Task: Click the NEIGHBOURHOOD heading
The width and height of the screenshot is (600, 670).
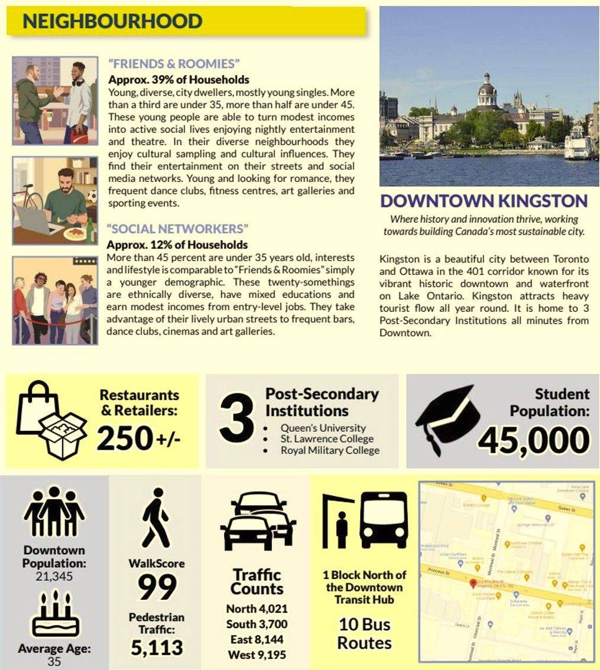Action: (x=112, y=22)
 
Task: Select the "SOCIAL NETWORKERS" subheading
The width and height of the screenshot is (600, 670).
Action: (x=177, y=229)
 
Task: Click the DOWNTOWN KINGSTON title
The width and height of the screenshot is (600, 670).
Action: (x=484, y=201)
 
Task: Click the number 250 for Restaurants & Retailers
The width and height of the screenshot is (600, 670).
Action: (x=125, y=438)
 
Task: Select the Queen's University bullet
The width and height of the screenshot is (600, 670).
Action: (x=323, y=428)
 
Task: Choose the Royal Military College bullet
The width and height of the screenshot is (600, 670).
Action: (x=330, y=450)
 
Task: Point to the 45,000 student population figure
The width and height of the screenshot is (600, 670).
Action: (x=533, y=440)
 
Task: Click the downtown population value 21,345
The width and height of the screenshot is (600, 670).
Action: (x=54, y=576)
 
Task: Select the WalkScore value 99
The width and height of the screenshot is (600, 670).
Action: (x=157, y=587)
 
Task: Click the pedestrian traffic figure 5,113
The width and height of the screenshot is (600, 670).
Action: (x=157, y=647)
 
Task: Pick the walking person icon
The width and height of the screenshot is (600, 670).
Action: (x=155, y=518)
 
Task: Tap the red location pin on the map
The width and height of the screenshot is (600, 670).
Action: (x=472, y=584)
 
